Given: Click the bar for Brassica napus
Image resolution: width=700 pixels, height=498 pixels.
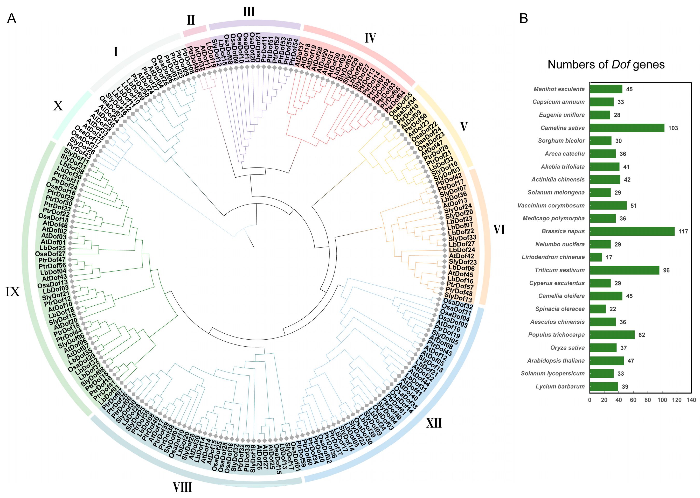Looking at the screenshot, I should coord(632,231).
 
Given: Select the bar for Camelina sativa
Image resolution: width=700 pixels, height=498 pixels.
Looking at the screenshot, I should coord(627,128).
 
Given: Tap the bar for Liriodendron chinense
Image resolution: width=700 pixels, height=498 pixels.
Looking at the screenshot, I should coord(596,257).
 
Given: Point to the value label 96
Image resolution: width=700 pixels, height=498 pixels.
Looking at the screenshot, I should coord(666,270).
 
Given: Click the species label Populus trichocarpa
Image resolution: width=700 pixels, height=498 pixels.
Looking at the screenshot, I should coord(556,335).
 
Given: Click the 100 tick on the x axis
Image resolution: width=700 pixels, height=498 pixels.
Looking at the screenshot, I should coord(662,400).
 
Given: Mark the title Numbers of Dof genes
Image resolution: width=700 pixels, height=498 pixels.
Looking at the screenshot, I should coord(606,64).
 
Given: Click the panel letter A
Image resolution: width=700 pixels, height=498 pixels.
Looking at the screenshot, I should coord(12,18).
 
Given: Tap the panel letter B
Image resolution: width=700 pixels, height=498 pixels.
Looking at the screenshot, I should coord(523,18).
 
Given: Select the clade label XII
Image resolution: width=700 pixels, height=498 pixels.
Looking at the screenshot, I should coord(434,423).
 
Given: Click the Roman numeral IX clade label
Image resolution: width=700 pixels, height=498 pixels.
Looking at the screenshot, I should coord(12,292).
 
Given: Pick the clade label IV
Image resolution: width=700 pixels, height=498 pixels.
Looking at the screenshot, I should coord(370,38).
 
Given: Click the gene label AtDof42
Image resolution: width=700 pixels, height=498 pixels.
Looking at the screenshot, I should coord(461,256).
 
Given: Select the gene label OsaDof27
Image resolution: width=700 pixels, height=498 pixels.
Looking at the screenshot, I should coord(50,254).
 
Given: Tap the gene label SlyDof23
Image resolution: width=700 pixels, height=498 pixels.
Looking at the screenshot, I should coord(463,262).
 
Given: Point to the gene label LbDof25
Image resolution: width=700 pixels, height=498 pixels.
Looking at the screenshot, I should coord(52,248).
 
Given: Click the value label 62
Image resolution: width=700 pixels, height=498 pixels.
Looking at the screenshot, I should coord(641,335).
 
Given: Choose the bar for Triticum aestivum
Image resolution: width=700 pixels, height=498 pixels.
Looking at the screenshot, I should coord(624,270).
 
